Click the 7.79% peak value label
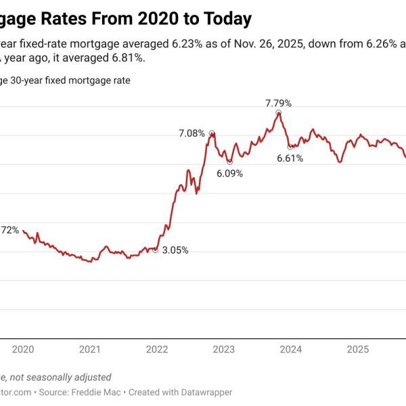coord(278,104)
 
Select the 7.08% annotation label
coord(191,133)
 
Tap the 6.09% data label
coord(229,173)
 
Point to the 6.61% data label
coord(290,158)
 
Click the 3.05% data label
coord(175,250)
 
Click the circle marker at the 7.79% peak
coord(278,112)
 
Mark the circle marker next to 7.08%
coord(211,133)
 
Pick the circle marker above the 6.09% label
coord(229,162)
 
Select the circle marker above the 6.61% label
coord(290,147)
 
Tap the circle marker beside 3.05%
coord(156,250)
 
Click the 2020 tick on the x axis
coord(23,349)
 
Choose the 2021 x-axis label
coord(90,349)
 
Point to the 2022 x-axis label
coord(157,349)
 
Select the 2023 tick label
coord(224,349)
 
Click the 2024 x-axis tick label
coord(291,349)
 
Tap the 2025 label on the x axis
coord(357,349)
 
